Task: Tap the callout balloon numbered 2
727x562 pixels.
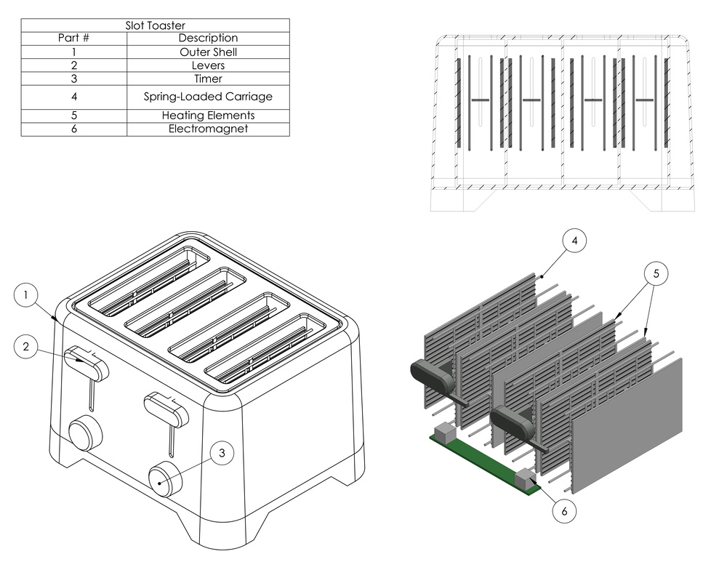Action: click(x=25, y=347)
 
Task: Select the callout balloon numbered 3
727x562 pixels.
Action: click(x=222, y=453)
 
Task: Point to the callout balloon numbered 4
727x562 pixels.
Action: click(x=574, y=241)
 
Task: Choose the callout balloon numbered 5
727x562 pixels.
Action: click(x=656, y=273)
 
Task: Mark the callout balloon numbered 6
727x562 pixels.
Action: click(x=565, y=510)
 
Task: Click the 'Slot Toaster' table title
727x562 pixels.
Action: click(x=155, y=25)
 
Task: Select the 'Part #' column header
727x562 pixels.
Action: click(x=73, y=38)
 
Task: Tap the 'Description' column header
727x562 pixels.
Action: click(x=208, y=38)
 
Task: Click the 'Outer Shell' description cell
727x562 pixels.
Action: click(x=208, y=52)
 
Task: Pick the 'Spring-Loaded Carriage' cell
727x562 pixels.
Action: click(x=208, y=96)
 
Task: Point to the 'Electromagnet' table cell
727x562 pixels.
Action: click(x=208, y=129)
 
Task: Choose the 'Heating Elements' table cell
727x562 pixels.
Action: click(x=208, y=116)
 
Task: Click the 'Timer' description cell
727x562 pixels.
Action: click(x=208, y=79)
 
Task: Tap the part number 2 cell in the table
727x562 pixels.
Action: click(x=73, y=65)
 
